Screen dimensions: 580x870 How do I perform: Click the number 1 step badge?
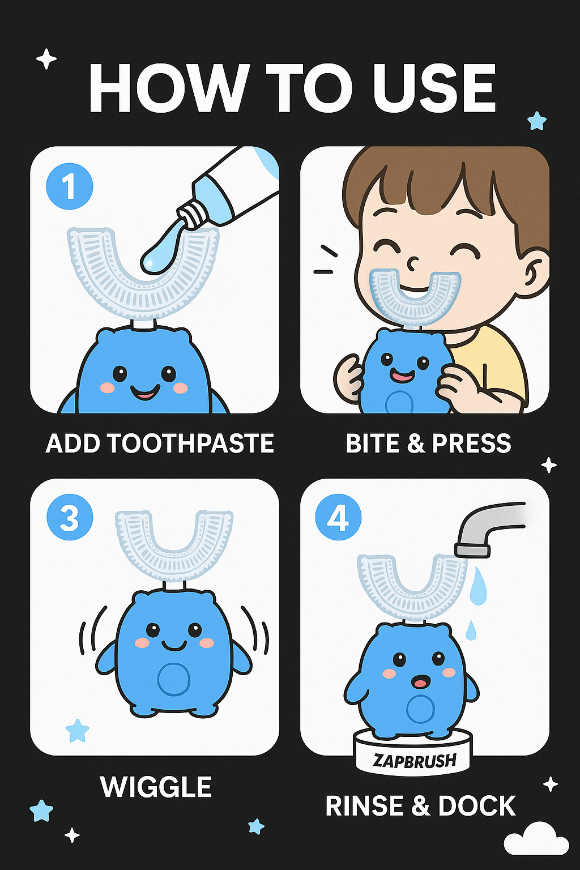70,187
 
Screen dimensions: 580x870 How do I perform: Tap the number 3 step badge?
70,518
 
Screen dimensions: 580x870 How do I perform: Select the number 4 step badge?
338,518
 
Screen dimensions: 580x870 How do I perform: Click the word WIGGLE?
156,787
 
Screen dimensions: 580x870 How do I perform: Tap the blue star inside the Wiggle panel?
77,731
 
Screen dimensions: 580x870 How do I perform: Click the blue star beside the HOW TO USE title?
538,121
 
